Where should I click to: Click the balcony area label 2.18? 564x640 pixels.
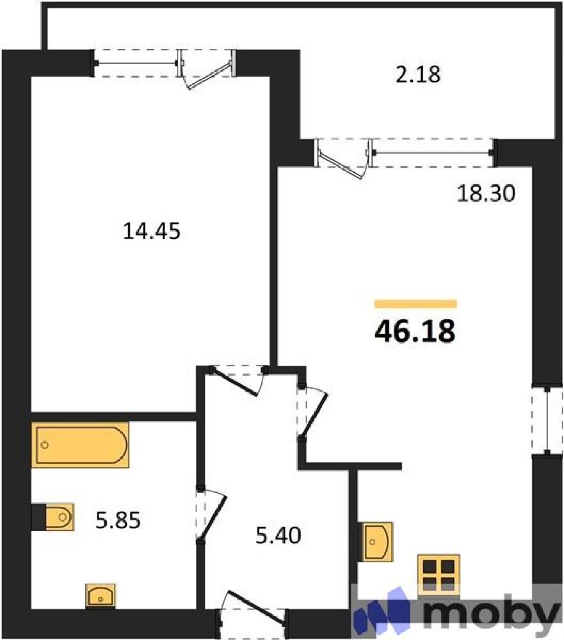click(x=418, y=75)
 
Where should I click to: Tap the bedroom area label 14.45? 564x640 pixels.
click(x=151, y=231)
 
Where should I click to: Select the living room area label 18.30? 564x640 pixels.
click(x=486, y=194)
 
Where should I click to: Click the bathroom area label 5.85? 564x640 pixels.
click(x=118, y=521)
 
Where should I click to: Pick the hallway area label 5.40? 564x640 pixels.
click(x=278, y=536)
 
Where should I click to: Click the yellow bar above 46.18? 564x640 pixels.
click(x=416, y=304)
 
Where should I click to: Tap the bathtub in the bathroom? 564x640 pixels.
click(x=80, y=445)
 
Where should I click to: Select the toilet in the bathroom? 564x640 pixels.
click(x=59, y=517)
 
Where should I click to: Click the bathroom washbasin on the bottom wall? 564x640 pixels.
click(x=100, y=596)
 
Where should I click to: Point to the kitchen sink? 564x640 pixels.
click(x=377, y=541)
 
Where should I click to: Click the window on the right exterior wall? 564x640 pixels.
click(x=546, y=420)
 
